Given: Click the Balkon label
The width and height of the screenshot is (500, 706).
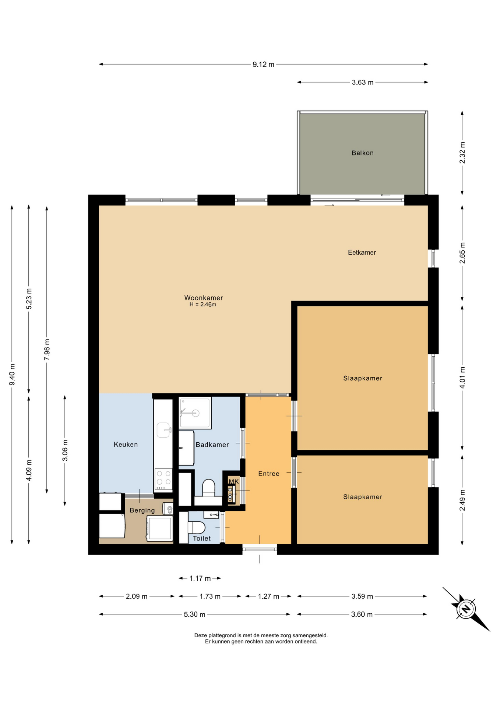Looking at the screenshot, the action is pos(362,153).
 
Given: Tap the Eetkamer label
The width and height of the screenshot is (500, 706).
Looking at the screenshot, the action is pos(362,252).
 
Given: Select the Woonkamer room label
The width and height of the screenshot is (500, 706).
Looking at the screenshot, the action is pos(204,298).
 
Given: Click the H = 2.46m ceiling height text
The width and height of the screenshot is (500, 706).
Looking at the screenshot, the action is pos(203,304).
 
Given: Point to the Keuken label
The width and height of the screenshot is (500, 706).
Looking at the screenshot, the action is pos(126,444).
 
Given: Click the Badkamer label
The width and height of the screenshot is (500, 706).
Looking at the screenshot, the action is pos(212,445).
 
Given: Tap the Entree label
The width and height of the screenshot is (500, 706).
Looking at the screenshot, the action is pos(269,474).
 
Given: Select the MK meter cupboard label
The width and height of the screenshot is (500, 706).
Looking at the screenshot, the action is pos(233,481).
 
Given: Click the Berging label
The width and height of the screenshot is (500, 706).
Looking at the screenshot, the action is pos(142,510).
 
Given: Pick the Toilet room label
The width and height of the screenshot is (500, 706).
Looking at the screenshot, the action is pos(202,538).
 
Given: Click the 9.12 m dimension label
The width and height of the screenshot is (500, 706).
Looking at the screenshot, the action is pos(263,64).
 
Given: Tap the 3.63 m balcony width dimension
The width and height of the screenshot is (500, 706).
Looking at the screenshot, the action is pos(363,82).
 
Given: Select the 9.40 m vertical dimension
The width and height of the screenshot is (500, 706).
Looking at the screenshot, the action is pos(12,375).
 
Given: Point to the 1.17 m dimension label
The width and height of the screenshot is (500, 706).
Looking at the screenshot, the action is pos(200,578).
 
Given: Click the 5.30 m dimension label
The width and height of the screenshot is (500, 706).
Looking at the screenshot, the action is pos(194,614).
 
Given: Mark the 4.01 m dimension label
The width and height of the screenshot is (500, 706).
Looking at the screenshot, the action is pos(462,377).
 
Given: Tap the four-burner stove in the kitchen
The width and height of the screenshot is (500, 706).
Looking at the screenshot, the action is pos(163,479).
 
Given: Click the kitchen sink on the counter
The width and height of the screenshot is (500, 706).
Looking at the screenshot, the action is pos(163,429).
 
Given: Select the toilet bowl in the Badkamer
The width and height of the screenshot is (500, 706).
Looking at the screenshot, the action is pos(209,488).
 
